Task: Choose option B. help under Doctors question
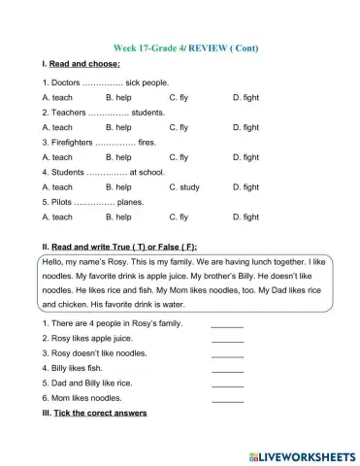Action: click(117, 98)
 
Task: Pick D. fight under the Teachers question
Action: click(245, 127)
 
